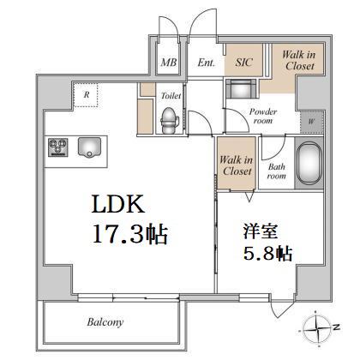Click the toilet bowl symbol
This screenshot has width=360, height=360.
point(170,121)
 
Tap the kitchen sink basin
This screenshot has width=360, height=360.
point(89,147)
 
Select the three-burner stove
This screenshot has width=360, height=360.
point(58,147)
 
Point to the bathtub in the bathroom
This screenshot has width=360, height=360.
point(309,163)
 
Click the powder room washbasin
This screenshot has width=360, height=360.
point(241,88)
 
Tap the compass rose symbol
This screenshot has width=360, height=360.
point(319,328)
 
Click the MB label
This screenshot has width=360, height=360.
point(169,63)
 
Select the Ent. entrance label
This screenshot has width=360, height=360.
point(206,63)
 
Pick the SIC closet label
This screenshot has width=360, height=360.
point(243,63)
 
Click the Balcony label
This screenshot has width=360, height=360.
point(105,322)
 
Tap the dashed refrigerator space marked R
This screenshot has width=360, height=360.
point(86,95)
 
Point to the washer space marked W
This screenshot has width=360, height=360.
point(311,121)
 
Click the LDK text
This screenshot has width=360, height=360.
point(118,204)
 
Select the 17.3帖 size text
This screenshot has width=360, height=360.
point(130,234)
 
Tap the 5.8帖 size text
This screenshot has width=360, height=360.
point(267,253)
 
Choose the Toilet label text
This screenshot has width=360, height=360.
point(171,95)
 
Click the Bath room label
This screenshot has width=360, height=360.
point(277,171)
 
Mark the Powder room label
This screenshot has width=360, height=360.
point(263,116)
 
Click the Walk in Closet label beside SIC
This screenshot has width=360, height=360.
point(299,60)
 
